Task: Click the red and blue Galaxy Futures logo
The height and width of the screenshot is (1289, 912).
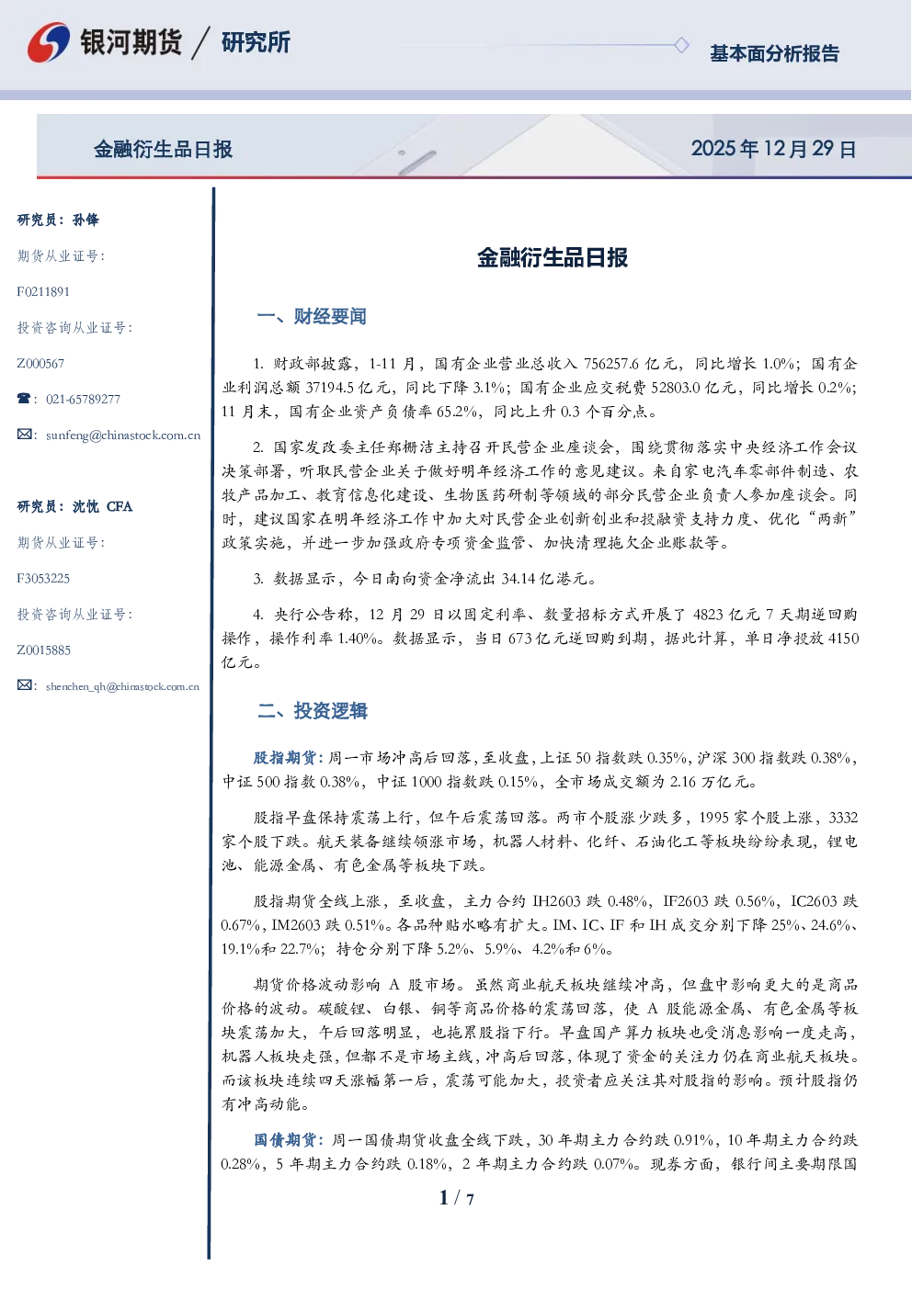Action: click(49, 42)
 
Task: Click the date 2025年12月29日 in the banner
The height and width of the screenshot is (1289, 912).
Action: click(773, 149)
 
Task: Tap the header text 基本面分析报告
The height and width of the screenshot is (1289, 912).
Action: click(774, 53)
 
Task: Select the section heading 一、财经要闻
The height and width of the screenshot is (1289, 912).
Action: click(312, 316)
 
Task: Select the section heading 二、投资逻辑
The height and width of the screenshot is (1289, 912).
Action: click(312, 711)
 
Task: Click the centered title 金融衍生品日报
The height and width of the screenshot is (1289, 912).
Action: click(553, 258)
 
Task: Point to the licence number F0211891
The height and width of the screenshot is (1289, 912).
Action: click(43, 292)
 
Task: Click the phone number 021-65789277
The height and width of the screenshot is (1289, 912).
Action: click(84, 400)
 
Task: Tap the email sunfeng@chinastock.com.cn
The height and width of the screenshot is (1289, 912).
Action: click(123, 435)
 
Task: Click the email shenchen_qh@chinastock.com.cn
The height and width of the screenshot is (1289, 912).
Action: click(122, 686)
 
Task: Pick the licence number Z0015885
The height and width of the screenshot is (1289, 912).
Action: click(44, 650)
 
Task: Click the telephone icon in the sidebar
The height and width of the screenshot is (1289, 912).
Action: click(24, 398)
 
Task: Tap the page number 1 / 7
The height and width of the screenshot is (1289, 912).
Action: click(456, 1198)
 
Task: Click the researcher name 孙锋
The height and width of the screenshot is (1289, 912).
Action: click(85, 220)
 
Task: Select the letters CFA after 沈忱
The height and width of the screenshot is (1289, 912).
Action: click(120, 506)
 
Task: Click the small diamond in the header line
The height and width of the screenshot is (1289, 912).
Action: click(681, 45)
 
